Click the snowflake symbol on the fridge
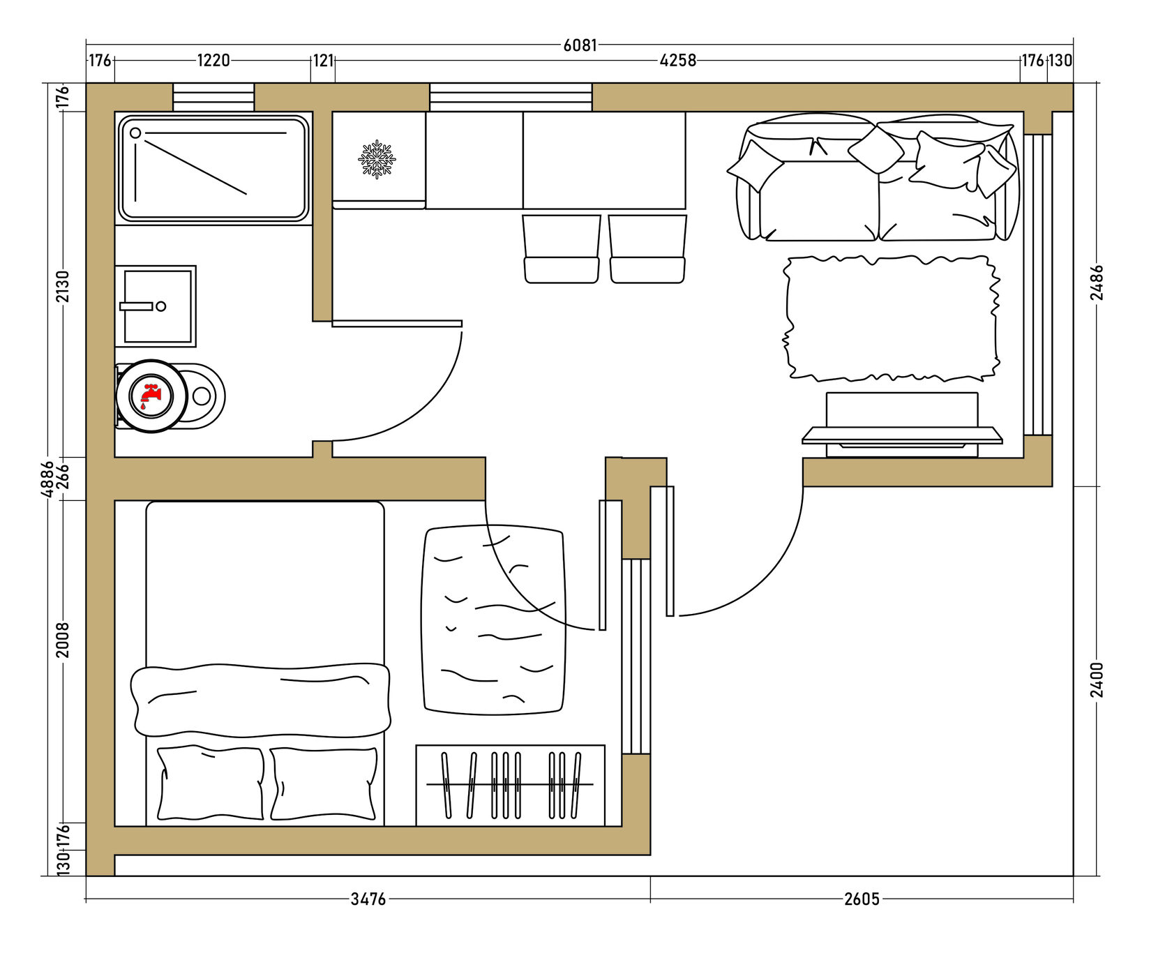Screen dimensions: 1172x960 tap(377, 159)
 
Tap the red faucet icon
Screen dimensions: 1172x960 tap(151, 396)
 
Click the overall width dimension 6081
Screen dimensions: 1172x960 tap(580, 45)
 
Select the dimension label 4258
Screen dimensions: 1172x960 tap(678, 61)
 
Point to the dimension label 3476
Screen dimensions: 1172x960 tap(368, 899)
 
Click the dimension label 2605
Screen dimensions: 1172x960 tap(862, 899)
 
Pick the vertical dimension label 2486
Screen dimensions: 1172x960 tap(1097, 282)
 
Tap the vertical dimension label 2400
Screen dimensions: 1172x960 tap(1097, 680)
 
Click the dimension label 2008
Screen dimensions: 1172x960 tap(63, 640)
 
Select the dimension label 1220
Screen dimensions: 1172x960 tap(213, 61)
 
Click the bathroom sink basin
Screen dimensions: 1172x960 tap(156, 306)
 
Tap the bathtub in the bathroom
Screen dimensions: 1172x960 tap(213, 168)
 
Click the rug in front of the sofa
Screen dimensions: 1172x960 tap(892, 318)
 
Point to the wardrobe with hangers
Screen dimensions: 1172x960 tap(511, 786)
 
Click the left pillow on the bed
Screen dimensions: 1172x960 tap(211, 783)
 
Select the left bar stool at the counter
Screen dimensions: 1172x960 tap(562, 249)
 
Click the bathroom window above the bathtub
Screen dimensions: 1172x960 tap(213, 97)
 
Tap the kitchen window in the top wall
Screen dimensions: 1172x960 tap(511, 97)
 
